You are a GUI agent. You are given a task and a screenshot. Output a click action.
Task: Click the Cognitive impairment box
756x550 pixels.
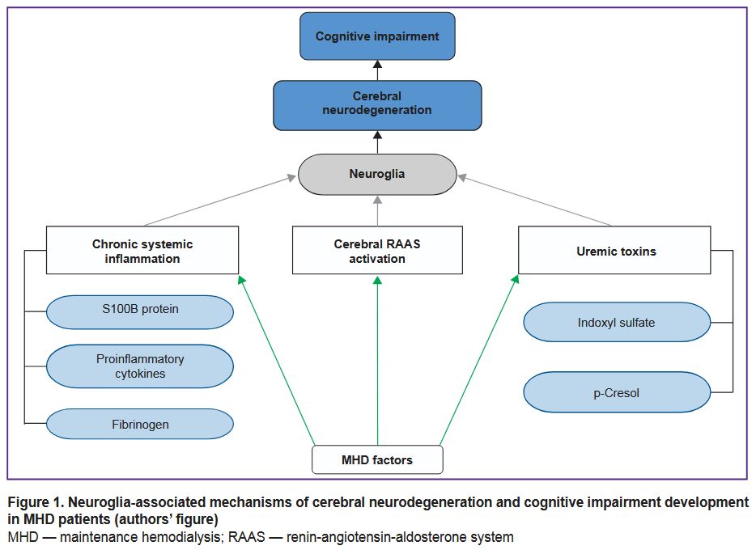(x=377, y=36)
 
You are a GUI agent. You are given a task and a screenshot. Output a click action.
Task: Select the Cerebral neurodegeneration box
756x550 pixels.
(x=377, y=104)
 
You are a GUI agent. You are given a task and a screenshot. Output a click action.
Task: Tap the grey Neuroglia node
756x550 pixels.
(x=377, y=174)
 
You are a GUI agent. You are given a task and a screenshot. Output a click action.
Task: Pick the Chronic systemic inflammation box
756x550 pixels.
(x=142, y=251)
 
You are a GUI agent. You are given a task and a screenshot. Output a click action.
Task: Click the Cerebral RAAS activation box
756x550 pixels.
(x=377, y=251)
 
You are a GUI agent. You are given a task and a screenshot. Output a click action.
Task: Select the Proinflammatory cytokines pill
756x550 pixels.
(x=139, y=366)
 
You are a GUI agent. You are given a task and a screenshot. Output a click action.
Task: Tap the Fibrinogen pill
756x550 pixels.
(x=139, y=424)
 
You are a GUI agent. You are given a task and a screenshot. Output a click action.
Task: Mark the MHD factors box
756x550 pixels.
(x=377, y=459)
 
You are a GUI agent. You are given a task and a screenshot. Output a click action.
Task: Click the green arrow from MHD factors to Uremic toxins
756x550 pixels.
(x=479, y=360)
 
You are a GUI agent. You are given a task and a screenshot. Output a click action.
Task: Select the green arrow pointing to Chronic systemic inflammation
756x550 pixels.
(x=276, y=360)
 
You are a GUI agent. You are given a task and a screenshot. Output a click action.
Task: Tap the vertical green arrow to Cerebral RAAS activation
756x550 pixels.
(x=377, y=360)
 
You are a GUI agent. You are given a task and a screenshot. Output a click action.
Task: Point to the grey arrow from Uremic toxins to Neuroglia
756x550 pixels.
(x=534, y=200)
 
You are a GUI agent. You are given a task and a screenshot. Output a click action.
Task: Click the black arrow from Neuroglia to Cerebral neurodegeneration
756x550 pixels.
(x=377, y=142)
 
